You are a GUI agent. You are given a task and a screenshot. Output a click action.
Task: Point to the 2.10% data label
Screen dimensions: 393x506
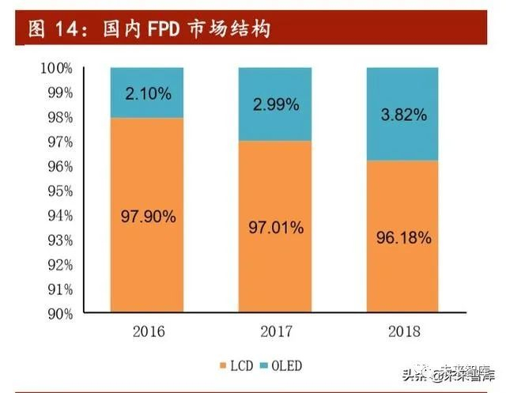(147, 94)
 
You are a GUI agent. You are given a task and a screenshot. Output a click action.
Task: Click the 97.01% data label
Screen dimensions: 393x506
(275, 228)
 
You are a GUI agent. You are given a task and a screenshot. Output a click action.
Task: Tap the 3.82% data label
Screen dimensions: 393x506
(403, 115)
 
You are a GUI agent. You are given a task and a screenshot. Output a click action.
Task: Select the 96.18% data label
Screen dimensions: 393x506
(403, 237)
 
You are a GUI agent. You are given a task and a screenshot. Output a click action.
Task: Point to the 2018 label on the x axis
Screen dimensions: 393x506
(403, 331)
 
